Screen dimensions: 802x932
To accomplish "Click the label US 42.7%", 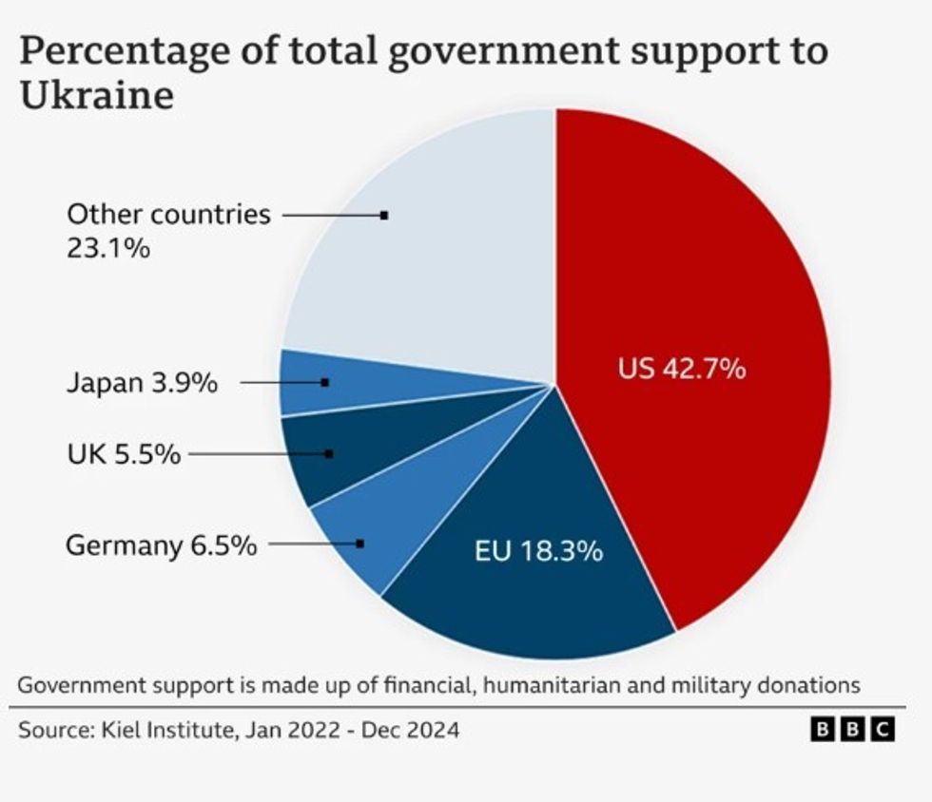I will click(x=681, y=368).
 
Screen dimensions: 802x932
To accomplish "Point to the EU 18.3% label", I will click(x=538, y=550).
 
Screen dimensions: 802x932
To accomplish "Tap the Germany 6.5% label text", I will click(x=161, y=545).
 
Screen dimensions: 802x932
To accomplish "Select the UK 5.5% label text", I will click(x=124, y=454).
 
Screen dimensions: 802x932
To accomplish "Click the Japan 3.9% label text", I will click(x=142, y=384).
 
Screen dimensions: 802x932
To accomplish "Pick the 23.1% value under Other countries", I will click(x=108, y=249).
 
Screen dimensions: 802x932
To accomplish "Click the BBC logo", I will click(x=853, y=729).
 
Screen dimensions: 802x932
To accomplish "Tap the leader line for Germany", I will click(x=314, y=544).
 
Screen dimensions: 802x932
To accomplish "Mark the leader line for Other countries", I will click(x=333, y=216).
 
